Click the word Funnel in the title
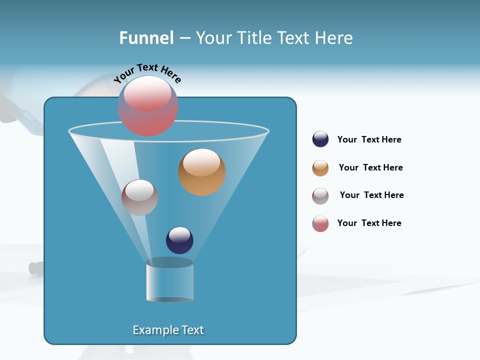pyautogui.click(x=146, y=38)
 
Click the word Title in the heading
pyautogui.click(x=254, y=38)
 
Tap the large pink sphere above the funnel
pyautogui.click(x=148, y=106)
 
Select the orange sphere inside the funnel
pyautogui.click(x=202, y=172)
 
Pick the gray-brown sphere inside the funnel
pyautogui.click(x=139, y=197)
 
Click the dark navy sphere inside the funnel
pyautogui.click(x=179, y=240)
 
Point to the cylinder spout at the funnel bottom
pyautogui.click(x=169, y=280)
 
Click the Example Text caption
pyautogui.click(x=168, y=330)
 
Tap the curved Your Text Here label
pyautogui.click(x=147, y=73)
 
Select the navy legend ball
pyautogui.click(x=320, y=139)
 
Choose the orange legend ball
pyautogui.click(x=320, y=168)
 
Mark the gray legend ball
pyautogui.click(x=320, y=196)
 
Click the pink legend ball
pyautogui.click(x=320, y=223)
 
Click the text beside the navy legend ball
pyautogui.click(x=369, y=139)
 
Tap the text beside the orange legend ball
pyautogui.click(x=370, y=167)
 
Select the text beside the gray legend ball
pyautogui.click(x=371, y=195)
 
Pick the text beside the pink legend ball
pyautogui.click(x=369, y=223)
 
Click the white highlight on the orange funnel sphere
pyautogui.click(x=201, y=162)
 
